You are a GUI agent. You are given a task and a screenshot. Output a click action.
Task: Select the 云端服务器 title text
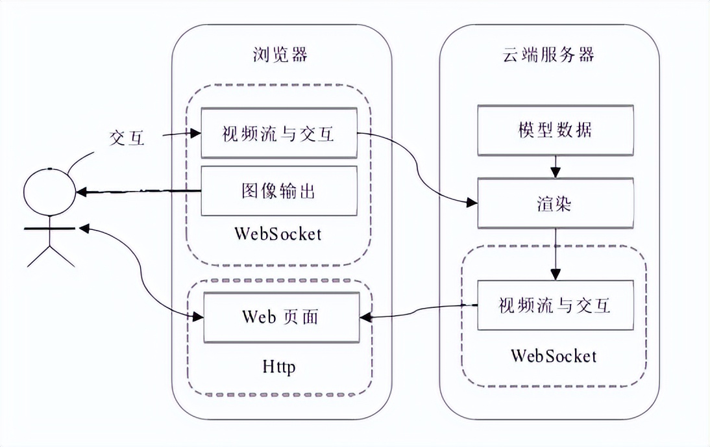point(549,55)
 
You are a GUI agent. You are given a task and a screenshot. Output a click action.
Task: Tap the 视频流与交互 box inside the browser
point(278,133)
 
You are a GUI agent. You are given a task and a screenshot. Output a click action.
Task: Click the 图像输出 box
point(278,191)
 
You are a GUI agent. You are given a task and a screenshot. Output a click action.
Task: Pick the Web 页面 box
point(281,317)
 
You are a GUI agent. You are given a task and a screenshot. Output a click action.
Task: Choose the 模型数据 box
point(555,131)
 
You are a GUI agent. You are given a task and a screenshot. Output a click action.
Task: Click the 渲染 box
point(555,203)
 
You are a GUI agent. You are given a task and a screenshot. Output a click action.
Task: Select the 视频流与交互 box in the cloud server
point(555,305)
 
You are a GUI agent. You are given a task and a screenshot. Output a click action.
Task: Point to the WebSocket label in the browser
point(279,233)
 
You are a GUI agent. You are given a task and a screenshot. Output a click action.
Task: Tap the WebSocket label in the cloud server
point(554,355)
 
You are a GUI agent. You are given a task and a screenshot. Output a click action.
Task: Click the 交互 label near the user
point(127,138)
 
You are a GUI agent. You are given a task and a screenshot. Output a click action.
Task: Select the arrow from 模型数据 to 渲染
point(555,167)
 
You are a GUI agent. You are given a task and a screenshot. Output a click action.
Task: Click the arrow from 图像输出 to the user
point(136,192)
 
